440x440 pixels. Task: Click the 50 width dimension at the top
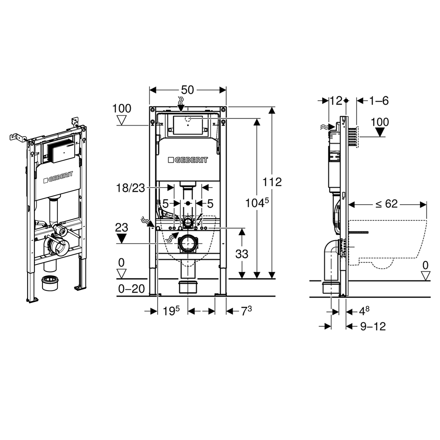[x=187, y=90]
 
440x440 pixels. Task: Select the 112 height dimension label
[x=272, y=182]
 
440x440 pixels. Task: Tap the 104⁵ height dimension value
[x=257, y=203]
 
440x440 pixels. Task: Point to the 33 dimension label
[x=242, y=254]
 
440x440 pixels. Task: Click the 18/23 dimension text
[x=131, y=188]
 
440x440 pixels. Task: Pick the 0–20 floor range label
[x=131, y=289]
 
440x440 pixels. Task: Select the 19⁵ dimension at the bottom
[x=171, y=311]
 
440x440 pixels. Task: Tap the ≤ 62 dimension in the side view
[x=387, y=204]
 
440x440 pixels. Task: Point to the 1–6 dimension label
[x=379, y=101]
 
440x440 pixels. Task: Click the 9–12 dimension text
[x=373, y=326]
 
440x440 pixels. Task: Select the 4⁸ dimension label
[x=365, y=311]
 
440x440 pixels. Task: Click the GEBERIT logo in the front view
[x=188, y=160]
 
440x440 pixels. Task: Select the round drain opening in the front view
[x=187, y=243]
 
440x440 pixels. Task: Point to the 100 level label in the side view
[x=380, y=122]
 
